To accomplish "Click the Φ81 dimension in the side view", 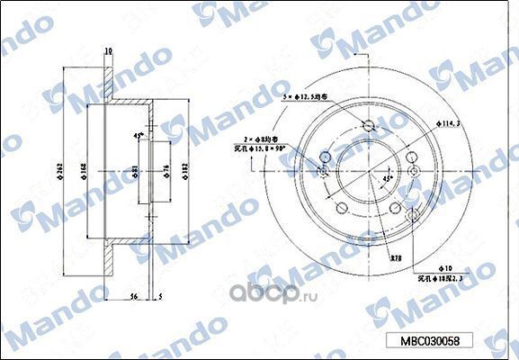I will (x=136, y=172).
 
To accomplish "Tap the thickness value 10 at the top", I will (x=108, y=51).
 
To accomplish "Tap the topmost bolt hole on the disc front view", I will (x=367, y=125).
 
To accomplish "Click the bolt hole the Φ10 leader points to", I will (x=412, y=216).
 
